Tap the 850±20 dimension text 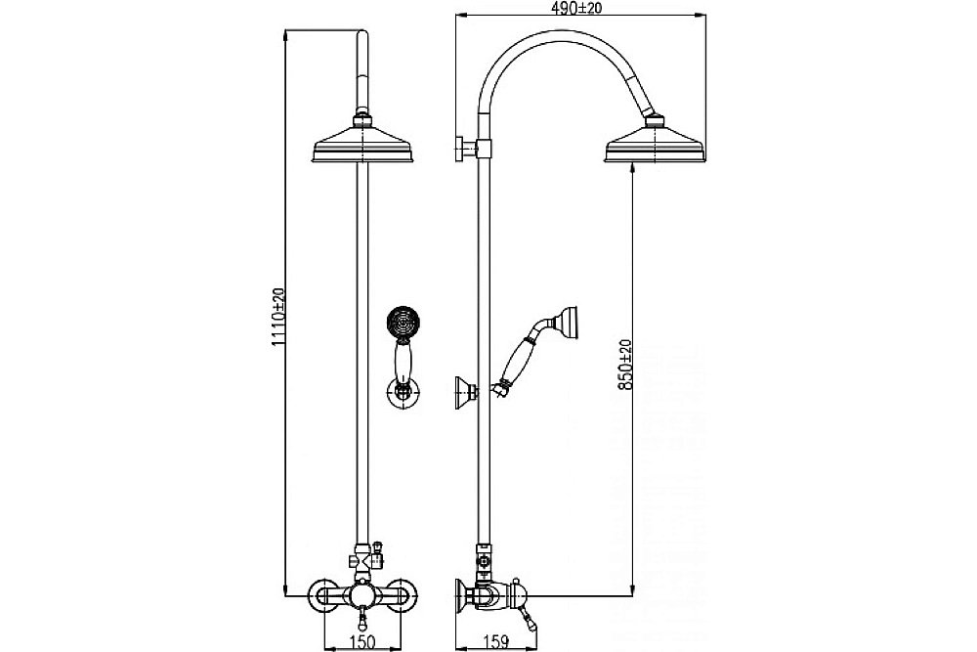626,365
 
